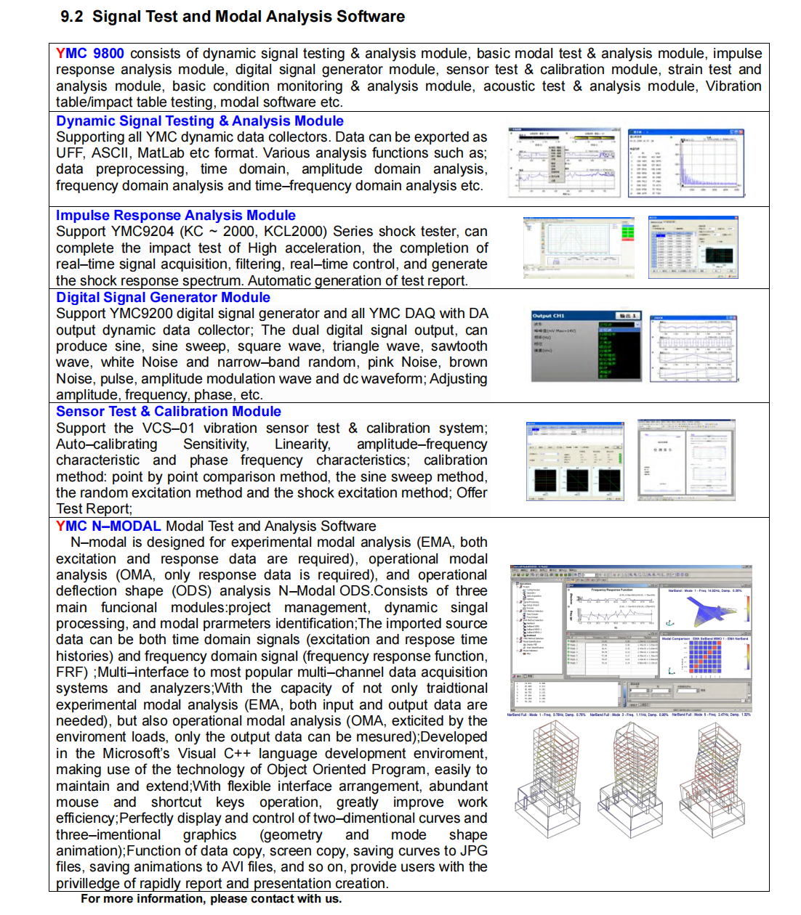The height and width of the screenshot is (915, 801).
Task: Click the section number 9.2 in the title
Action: point(72,17)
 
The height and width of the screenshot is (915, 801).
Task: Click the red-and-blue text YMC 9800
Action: point(90,54)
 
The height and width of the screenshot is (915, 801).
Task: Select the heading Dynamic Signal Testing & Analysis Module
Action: point(199,121)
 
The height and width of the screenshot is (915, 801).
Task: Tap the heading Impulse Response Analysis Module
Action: point(175,216)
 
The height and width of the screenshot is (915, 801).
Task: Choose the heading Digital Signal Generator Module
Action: point(163,298)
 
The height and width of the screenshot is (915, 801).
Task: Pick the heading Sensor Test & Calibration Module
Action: point(168,412)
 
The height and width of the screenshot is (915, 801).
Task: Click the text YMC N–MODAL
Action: point(108,526)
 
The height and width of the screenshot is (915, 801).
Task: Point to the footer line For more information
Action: point(211,899)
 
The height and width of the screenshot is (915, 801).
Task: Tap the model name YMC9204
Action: point(142,232)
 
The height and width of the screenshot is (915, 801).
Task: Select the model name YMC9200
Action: point(142,314)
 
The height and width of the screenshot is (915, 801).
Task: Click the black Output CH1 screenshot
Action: point(586,346)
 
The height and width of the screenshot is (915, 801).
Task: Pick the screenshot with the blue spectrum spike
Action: point(686,163)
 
